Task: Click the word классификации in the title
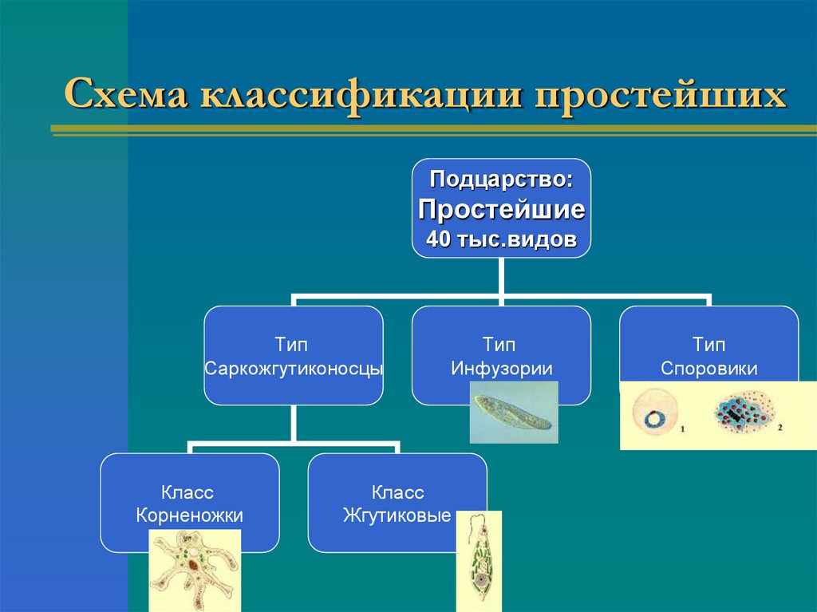[x=361, y=96]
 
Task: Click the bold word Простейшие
[x=501, y=209]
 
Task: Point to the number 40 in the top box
[x=438, y=239]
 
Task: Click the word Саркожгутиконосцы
[x=294, y=369]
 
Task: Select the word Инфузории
[x=501, y=369]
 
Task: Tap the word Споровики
[x=708, y=369]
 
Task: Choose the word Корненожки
[x=189, y=515]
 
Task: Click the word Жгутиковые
[x=397, y=515]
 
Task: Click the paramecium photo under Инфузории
[x=514, y=412]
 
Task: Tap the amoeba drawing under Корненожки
[x=195, y=571]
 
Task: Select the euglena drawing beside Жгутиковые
[x=479, y=561]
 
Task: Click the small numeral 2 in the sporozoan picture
[x=780, y=428]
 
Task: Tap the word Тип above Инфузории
[x=499, y=345]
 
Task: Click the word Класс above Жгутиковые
[x=397, y=492]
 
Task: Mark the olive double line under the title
[x=433, y=131]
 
